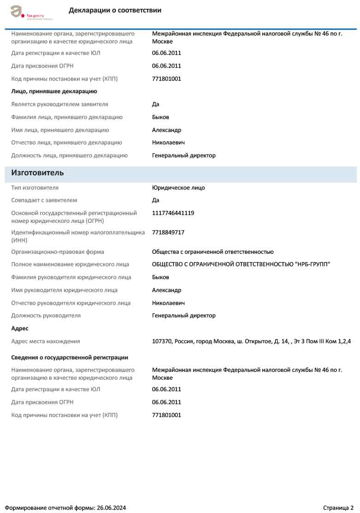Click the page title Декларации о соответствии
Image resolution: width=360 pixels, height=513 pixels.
[115, 10]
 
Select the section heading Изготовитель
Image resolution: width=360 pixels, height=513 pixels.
[37, 173]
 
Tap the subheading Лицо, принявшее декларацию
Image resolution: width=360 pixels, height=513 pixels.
[54, 91]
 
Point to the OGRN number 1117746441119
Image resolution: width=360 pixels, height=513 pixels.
[173, 213]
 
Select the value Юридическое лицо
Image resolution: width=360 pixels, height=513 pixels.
[178, 188]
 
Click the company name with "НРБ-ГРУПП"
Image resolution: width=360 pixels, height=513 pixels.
[241, 264]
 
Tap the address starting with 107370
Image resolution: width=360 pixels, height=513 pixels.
[251, 341]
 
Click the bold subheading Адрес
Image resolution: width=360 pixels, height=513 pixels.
[20, 328]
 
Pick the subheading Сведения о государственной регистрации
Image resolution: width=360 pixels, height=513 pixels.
[70, 358]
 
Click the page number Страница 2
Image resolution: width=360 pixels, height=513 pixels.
[338, 507]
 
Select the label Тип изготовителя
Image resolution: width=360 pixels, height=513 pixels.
[35, 188]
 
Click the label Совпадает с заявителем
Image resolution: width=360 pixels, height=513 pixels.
[44, 200]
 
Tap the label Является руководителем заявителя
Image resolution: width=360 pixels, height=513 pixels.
[59, 104]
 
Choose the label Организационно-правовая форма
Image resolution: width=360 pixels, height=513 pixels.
[58, 252]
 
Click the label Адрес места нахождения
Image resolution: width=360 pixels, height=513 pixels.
[46, 341]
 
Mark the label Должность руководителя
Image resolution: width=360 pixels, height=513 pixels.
[46, 316]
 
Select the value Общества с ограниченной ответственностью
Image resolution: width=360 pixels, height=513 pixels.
[212, 252]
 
